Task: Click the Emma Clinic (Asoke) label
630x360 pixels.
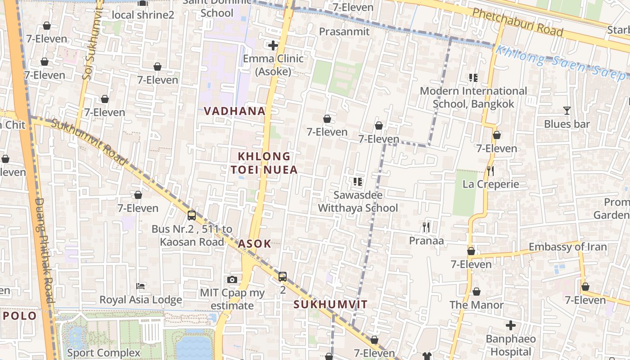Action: click(x=273, y=65)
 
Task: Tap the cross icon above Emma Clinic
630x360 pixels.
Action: click(x=273, y=45)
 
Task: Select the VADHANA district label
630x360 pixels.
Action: click(x=234, y=111)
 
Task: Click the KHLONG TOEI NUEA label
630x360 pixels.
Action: click(x=264, y=163)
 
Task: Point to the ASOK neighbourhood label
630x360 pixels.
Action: click(x=255, y=244)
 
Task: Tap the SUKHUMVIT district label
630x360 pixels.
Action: click(x=330, y=304)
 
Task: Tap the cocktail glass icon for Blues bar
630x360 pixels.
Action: click(x=567, y=111)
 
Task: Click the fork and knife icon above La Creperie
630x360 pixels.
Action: click(x=490, y=171)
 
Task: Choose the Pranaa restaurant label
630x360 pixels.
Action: click(x=426, y=241)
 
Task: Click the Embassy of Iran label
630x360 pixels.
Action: click(x=567, y=247)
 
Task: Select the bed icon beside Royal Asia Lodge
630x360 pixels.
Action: click(x=140, y=286)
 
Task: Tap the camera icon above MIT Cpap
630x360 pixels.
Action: click(x=232, y=280)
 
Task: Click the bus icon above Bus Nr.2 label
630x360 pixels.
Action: click(x=192, y=216)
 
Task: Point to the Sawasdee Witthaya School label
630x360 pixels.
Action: click(x=358, y=201)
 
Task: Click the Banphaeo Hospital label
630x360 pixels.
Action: click(x=510, y=345)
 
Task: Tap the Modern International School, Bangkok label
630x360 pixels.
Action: click(x=473, y=97)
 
